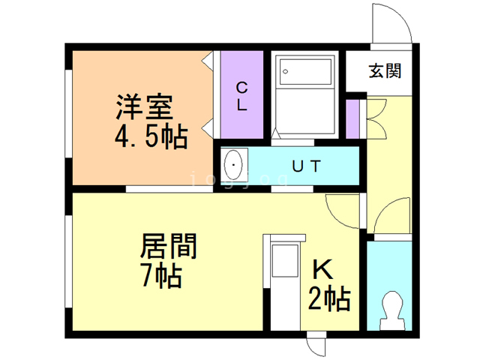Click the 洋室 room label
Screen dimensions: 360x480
[x=144, y=106]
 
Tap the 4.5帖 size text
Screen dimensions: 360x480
[x=151, y=137]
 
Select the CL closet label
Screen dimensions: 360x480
[x=241, y=95]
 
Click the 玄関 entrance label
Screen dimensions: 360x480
[x=384, y=71]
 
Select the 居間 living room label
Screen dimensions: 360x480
[x=169, y=245]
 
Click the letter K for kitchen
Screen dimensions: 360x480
[x=322, y=268]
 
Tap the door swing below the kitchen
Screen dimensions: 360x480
[x=315, y=346]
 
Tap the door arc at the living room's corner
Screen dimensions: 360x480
[x=343, y=211]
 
